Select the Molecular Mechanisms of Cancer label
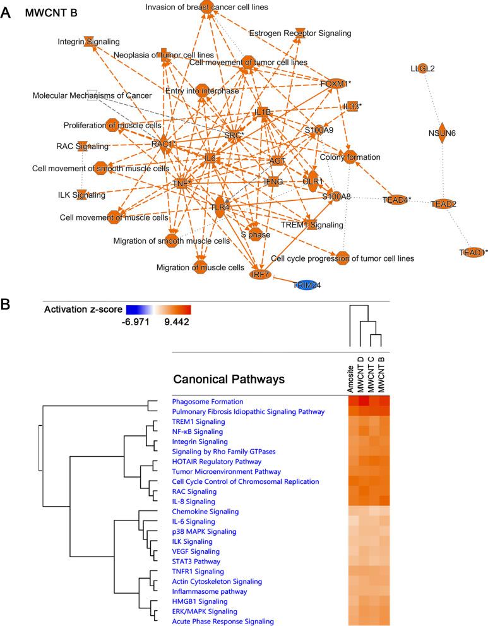(x=92, y=95)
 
